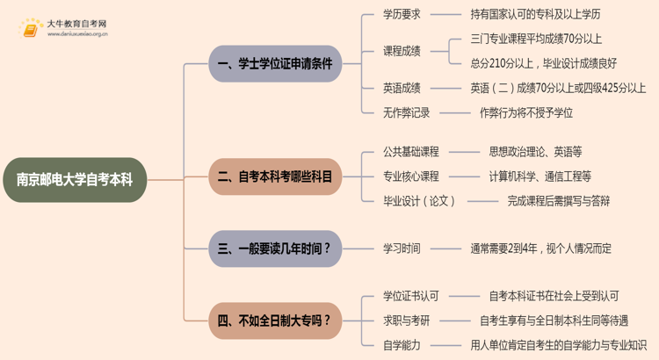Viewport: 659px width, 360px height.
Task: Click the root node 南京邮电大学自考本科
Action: pyautogui.click(x=75, y=180)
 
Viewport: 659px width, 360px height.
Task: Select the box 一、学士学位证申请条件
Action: pyautogui.click(x=275, y=64)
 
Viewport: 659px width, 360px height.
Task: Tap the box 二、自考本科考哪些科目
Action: pyautogui.click(x=275, y=176)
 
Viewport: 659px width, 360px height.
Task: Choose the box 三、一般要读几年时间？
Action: pyautogui.click(x=275, y=248)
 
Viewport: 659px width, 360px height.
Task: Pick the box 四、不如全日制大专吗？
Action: pyautogui.click(x=275, y=320)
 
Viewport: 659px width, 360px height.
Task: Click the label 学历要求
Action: pyautogui.click(x=402, y=14)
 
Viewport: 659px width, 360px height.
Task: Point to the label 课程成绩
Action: pyautogui.click(x=402, y=51)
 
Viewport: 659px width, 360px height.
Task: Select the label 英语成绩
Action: pyautogui.click(x=402, y=88)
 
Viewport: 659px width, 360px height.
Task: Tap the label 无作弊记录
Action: pyautogui.click(x=407, y=112)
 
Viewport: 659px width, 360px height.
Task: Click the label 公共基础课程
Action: pyautogui.click(x=411, y=152)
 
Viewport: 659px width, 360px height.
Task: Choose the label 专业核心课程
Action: pyautogui.click(x=411, y=176)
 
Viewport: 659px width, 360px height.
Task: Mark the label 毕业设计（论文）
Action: pyautogui.click(x=420, y=201)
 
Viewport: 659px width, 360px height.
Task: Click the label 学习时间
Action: pyautogui.click(x=402, y=248)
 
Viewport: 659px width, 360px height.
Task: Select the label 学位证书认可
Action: pyautogui.click(x=411, y=297)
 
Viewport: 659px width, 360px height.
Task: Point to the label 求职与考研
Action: pyautogui.click(x=407, y=320)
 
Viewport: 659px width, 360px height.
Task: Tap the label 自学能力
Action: pyautogui.click(x=402, y=345)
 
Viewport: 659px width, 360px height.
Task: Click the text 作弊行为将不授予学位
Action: pyautogui.click(x=526, y=112)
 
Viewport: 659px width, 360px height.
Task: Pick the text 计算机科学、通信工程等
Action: pyautogui.click(x=540, y=176)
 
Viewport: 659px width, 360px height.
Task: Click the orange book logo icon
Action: pyautogui.click(x=31, y=29)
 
